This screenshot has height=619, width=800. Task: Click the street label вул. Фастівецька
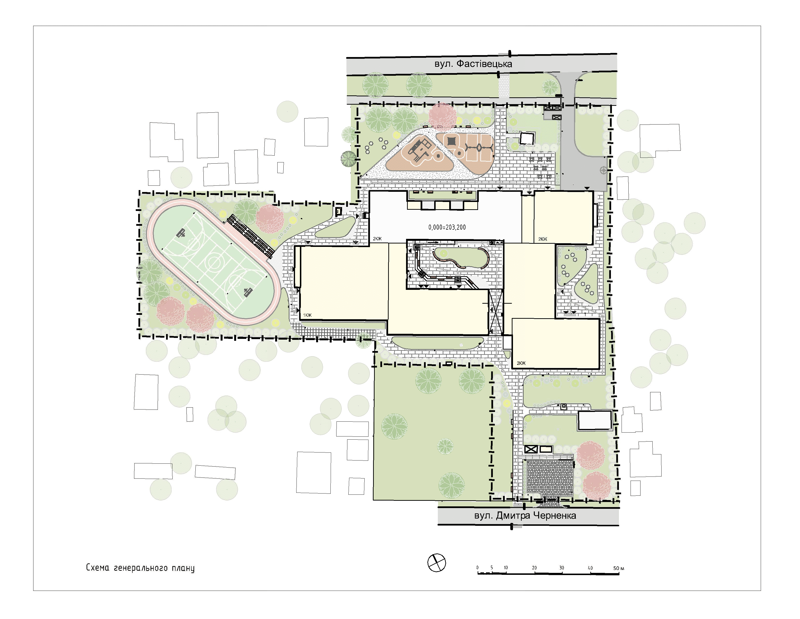click(473, 64)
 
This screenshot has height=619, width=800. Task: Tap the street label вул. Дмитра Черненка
click(525, 516)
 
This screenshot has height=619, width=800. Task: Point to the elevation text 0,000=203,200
click(447, 227)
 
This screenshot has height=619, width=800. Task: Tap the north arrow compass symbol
click(437, 562)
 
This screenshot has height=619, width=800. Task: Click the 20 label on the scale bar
click(535, 568)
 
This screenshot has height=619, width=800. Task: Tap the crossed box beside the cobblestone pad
click(531, 450)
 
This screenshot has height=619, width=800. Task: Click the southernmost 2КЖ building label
click(521, 363)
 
